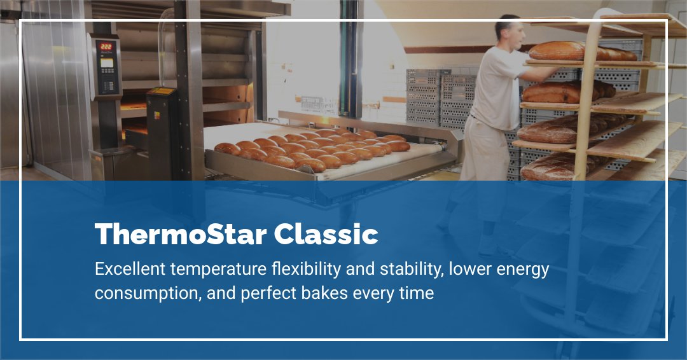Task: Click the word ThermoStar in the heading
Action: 180,235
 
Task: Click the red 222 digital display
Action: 106,46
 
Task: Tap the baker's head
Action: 508,29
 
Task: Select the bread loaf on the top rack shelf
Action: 572,51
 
